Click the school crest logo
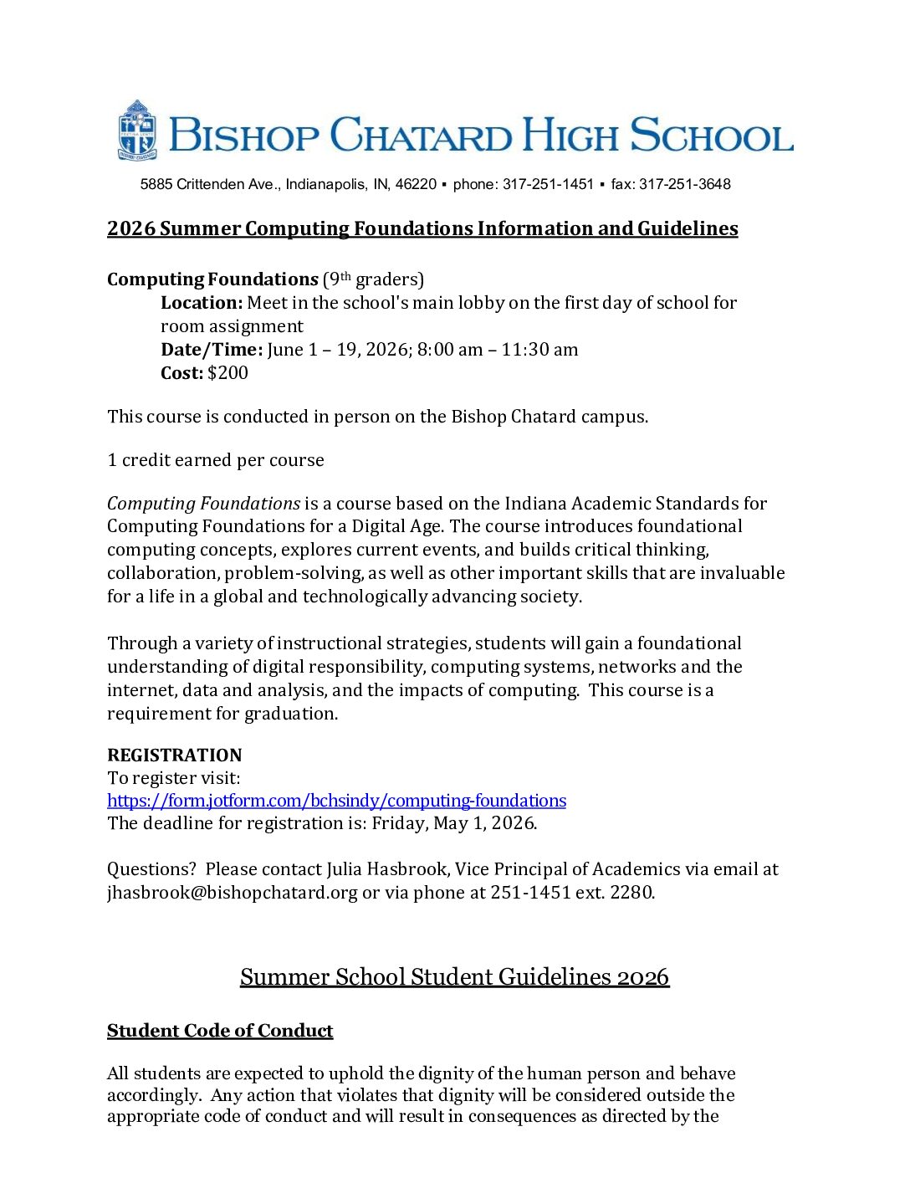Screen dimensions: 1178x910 pos(137,131)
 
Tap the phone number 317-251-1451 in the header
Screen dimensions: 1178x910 pos(548,184)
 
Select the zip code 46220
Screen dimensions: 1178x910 pos(416,184)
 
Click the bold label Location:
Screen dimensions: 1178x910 pos(202,303)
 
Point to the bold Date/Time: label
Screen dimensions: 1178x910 pos(212,350)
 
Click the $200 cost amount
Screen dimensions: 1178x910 pos(227,373)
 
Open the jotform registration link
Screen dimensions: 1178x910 pos(336,801)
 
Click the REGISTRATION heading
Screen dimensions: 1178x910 pos(174,755)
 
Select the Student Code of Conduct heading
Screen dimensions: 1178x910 pos(220,1031)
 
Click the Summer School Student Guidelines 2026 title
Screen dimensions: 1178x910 pos(454,977)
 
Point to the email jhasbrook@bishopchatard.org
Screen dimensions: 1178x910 pos(233,893)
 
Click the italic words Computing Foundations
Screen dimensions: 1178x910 pos(203,504)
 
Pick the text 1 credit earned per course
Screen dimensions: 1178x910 pos(216,460)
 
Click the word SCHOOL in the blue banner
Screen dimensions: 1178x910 pos(711,136)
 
